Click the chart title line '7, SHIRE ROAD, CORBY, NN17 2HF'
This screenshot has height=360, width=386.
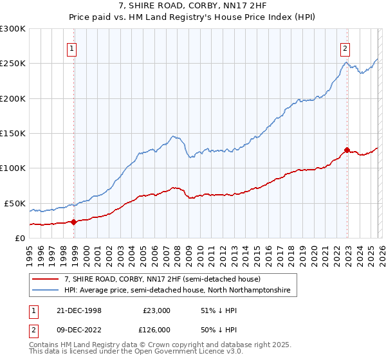point(193,5)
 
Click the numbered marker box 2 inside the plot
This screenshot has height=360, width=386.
point(345,48)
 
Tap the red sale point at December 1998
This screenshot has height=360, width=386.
point(74,222)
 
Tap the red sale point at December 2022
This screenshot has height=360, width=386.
point(347,150)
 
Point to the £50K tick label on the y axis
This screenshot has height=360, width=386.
point(15,203)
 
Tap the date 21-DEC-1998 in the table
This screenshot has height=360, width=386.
point(78,310)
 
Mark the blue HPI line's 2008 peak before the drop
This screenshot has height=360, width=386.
point(173,136)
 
